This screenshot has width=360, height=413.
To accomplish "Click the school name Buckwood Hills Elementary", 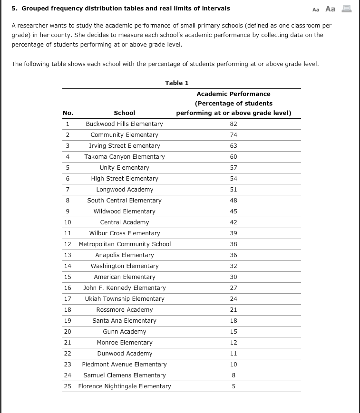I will tap(124, 124).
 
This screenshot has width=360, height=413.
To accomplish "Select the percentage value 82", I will tap(233, 124).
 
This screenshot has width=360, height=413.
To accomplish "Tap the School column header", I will tap(124, 113).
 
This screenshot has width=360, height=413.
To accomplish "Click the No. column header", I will tap(68, 113).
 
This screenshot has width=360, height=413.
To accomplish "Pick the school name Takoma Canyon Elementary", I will tap(124, 157).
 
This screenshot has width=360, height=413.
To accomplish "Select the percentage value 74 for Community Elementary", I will tap(233, 135).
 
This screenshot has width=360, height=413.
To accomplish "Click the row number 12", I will tap(68, 244).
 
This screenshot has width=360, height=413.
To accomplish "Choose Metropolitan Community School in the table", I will tap(125, 244).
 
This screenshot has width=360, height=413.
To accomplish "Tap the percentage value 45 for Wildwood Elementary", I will tap(233, 211).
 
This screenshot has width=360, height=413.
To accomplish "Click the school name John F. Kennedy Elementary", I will tap(124, 288).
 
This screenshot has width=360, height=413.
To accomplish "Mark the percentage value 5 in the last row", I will tap(233, 386).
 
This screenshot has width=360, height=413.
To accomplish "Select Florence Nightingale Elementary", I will tap(125, 386).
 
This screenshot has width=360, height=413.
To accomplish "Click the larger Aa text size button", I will tap(330, 9).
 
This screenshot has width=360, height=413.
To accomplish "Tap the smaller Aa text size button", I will tap(316, 9).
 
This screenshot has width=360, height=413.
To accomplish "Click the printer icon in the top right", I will tap(346, 9).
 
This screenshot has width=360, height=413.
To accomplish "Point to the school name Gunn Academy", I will tap(124, 332).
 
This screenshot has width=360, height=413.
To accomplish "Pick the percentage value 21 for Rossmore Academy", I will tap(233, 310).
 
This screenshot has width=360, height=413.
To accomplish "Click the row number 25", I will tap(68, 386).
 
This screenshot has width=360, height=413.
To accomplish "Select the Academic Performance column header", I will tap(233, 104).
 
